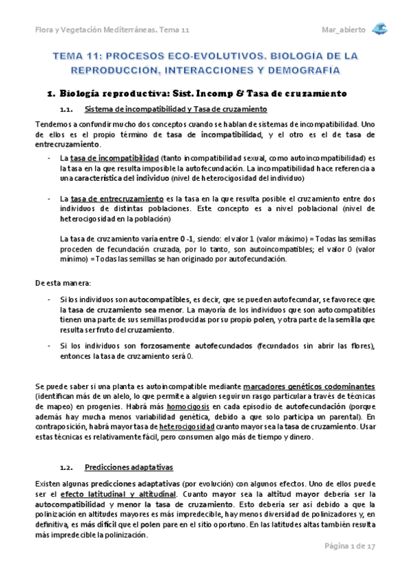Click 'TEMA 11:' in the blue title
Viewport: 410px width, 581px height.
pyautogui.click(x=76, y=55)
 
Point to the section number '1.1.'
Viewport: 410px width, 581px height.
pyautogui.click(x=66, y=110)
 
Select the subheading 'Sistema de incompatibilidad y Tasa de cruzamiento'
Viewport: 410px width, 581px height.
pyautogui.click(x=175, y=110)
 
